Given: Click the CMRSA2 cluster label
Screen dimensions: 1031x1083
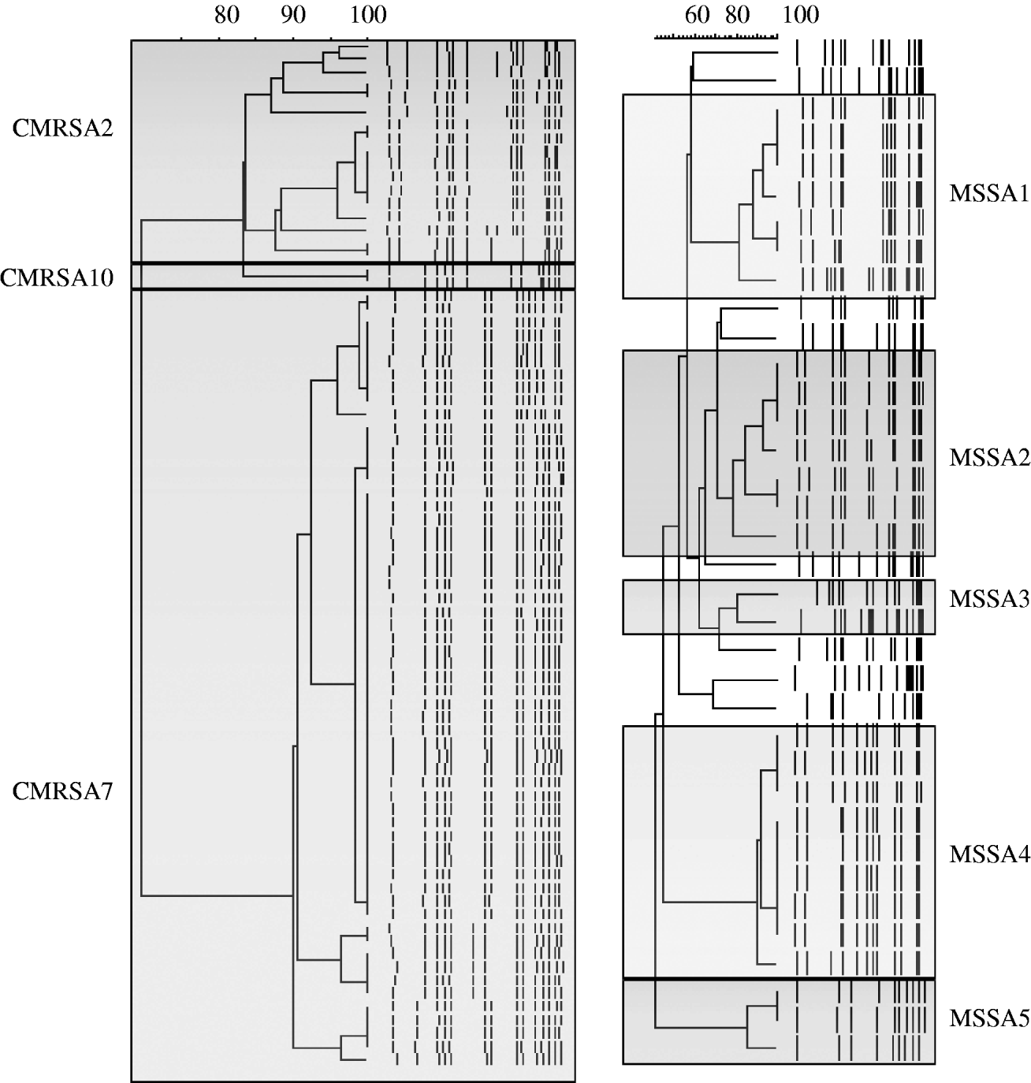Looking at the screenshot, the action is (62, 128).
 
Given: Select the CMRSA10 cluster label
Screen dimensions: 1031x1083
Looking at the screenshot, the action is (57, 278).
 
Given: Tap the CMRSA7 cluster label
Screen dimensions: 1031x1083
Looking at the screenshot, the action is (62, 791).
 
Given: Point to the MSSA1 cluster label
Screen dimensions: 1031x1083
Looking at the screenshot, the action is (989, 194).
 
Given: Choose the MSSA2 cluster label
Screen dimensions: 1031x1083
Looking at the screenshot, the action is (989, 458).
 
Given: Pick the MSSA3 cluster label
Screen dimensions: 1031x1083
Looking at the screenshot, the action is (989, 599).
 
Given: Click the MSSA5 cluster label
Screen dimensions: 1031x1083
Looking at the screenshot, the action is (989, 1018).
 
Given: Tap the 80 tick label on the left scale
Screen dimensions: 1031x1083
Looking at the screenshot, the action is (227, 16).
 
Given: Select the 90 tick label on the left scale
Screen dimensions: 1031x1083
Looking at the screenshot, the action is (293, 16).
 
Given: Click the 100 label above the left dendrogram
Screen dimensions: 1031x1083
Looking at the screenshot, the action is (368, 16).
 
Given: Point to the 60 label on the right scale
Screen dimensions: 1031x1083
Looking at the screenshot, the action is (697, 16).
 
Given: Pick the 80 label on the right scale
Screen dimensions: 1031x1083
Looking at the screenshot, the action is (737, 16).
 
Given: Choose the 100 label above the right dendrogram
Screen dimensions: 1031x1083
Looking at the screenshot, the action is (801, 16).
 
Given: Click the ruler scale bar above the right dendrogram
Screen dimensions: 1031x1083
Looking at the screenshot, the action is (716, 36).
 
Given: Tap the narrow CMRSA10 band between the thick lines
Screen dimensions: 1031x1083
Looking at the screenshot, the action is (353, 276).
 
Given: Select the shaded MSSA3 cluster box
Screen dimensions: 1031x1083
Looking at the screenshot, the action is (779, 606).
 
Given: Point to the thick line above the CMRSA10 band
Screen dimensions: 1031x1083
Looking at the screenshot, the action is (353, 263).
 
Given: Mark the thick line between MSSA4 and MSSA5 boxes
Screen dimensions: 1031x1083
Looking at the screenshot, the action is (779, 978).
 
